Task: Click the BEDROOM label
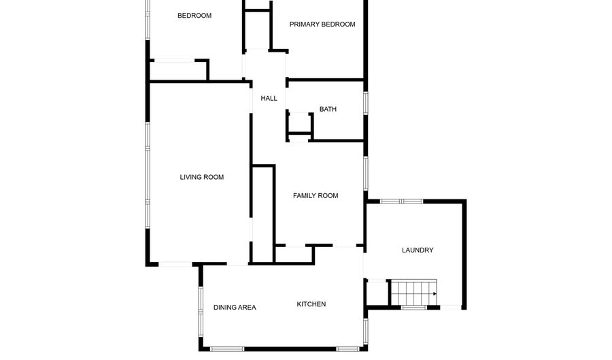194,16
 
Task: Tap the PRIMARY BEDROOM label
322,24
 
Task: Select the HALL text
269,99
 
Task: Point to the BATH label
328,109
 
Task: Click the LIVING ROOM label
201,178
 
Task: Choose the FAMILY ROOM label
316,196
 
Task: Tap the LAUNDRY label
418,250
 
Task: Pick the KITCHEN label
311,304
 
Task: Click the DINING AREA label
235,308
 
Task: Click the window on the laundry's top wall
401,201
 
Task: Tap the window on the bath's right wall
366,103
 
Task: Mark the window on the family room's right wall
366,174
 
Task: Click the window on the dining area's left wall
201,310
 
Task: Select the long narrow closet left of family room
263,212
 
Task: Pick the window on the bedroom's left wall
147,17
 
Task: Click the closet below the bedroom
178,71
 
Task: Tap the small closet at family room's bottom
294,254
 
